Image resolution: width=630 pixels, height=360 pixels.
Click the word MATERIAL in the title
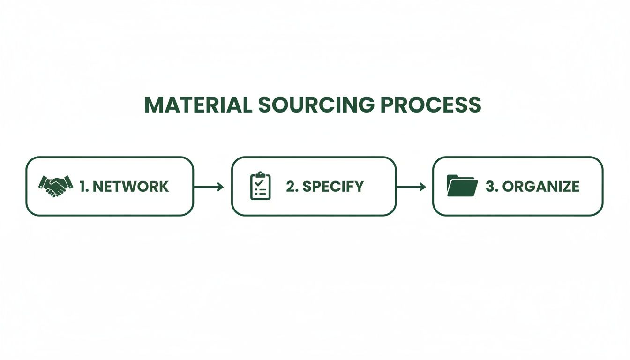pos(198,105)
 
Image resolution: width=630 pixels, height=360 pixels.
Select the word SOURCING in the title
pos(316,105)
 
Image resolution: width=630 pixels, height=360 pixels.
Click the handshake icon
pos(56,186)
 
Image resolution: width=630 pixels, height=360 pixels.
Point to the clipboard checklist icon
pos(261,186)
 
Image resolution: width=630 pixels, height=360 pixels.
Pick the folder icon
pos(462,186)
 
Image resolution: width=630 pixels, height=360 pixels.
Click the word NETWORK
pos(131,187)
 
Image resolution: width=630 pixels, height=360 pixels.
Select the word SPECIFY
pos(333,187)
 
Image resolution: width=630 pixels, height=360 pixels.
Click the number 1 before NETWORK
pos(82,187)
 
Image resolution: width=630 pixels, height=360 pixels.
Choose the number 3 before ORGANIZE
pos(490,187)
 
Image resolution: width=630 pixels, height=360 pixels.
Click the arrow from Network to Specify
pos(209,187)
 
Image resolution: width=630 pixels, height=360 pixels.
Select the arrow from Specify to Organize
pos(411,187)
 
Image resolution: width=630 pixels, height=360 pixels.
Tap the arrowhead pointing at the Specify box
pos(221,187)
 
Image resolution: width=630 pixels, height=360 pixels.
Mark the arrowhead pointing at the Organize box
pos(423,187)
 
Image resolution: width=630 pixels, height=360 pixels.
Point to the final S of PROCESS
pos(474,105)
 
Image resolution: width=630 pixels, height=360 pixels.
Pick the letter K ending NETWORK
pos(163,187)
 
